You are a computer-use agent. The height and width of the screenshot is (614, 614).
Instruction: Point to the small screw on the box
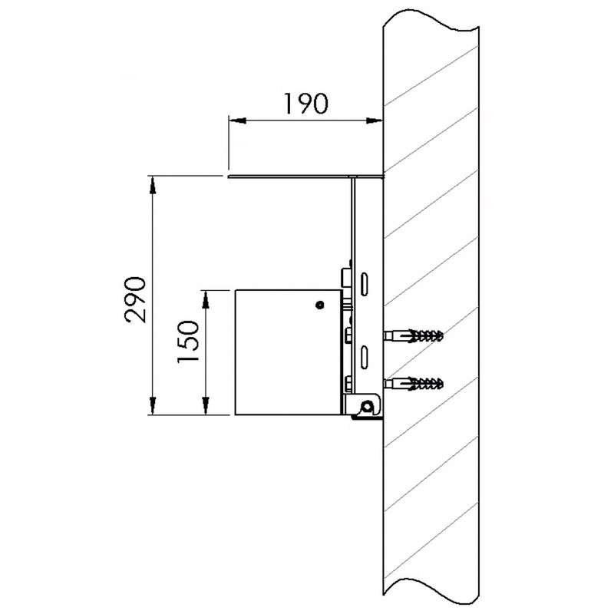(x=319, y=305)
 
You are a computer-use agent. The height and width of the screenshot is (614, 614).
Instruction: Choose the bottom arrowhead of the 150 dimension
(x=206, y=410)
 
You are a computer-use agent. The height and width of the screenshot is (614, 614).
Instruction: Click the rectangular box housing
(x=284, y=353)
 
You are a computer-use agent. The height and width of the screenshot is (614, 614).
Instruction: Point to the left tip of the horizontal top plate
(x=229, y=177)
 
